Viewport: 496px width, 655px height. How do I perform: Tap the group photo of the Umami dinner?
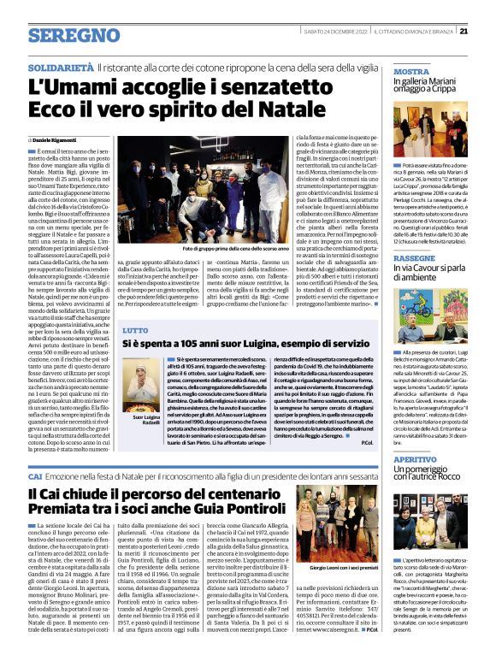[x=245, y=209]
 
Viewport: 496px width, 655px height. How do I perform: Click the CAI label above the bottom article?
[x=35, y=475]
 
